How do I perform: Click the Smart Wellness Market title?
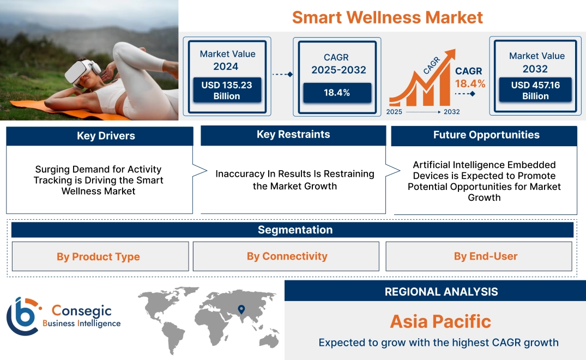387,17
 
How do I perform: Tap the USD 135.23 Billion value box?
226,91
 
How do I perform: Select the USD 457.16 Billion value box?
535,91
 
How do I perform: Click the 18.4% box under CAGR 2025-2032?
337,93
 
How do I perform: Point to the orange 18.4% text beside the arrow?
470,84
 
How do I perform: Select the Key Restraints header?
293,135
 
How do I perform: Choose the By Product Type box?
99,256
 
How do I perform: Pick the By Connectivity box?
287,256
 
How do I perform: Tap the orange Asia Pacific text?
440,321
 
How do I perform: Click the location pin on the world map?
241,310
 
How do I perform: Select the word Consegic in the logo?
81,311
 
